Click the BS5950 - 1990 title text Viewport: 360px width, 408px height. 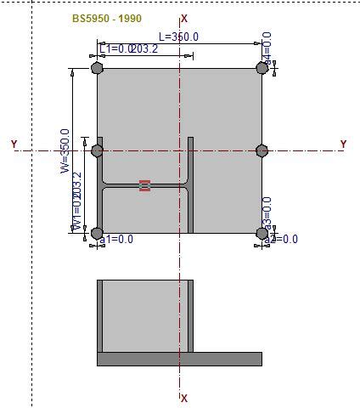(107, 18)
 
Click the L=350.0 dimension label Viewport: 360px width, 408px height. (178, 37)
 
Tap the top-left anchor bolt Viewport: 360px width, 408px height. (97, 69)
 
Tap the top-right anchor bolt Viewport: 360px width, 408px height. (262, 69)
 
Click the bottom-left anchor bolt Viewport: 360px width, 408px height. (97, 233)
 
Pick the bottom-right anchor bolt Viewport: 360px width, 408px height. (262, 233)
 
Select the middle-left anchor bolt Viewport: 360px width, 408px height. (97, 150)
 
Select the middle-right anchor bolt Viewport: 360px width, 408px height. (262, 150)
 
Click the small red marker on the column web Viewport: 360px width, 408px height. (144, 185)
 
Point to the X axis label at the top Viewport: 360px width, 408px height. (185, 18)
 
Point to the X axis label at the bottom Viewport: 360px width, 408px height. (185, 398)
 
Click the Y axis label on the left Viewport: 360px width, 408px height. (14, 144)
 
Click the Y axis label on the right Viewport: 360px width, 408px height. (343, 144)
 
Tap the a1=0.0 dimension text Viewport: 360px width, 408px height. (117, 241)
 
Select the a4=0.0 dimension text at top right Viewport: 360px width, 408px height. (267, 48)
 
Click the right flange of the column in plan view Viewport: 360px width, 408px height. (191, 184)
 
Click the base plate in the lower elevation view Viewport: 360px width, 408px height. (179, 360)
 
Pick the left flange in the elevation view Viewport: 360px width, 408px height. (99, 315)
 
